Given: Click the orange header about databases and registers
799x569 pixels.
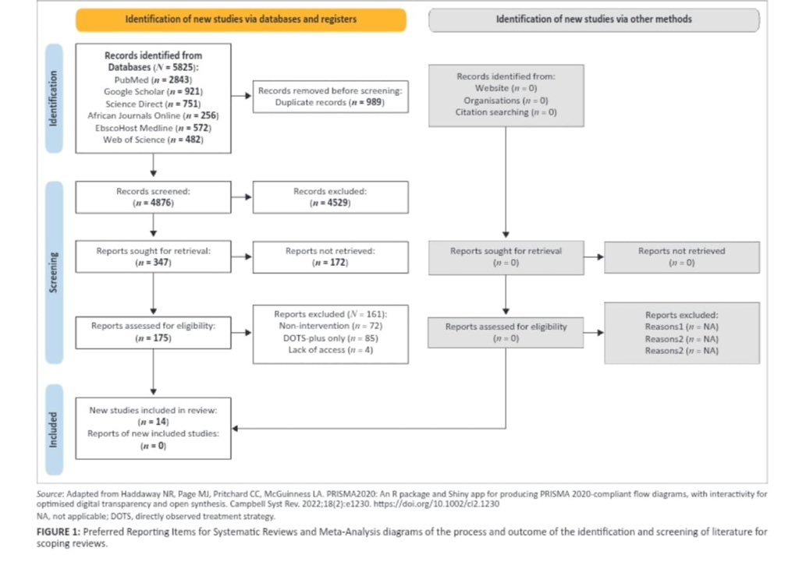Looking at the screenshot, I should tap(240, 19).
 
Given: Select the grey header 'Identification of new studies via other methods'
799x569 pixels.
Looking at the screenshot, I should tap(594, 19).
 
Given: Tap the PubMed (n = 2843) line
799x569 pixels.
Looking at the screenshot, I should tap(153, 80).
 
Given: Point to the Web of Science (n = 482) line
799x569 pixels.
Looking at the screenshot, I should tap(153, 140).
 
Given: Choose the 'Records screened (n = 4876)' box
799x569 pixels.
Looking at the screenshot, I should tap(153, 196).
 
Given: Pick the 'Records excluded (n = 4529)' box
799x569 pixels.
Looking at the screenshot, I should tap(330, 196).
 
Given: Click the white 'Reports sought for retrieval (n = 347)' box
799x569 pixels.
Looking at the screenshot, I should tap(153, 256).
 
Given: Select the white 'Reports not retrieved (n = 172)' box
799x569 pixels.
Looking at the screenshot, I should tap(330, 256).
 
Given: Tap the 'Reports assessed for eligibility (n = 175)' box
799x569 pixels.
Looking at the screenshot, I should tap(153, 332).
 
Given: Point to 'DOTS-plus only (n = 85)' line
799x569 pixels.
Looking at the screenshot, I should tap(330, 338).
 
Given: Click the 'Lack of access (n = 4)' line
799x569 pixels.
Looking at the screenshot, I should tap(330, 351).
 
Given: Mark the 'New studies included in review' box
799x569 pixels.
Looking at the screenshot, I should tap(153, 427).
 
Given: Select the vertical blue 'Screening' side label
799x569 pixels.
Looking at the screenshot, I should tap(54, 272).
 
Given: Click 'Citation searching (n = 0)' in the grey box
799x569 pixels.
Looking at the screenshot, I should tap(506, 112).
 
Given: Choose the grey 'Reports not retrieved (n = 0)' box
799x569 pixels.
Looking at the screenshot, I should tap(681, 256).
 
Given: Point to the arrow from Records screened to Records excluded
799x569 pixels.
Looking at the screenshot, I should tap(242, 197).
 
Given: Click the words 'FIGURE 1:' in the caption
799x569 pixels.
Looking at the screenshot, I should tap(59, 532).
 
